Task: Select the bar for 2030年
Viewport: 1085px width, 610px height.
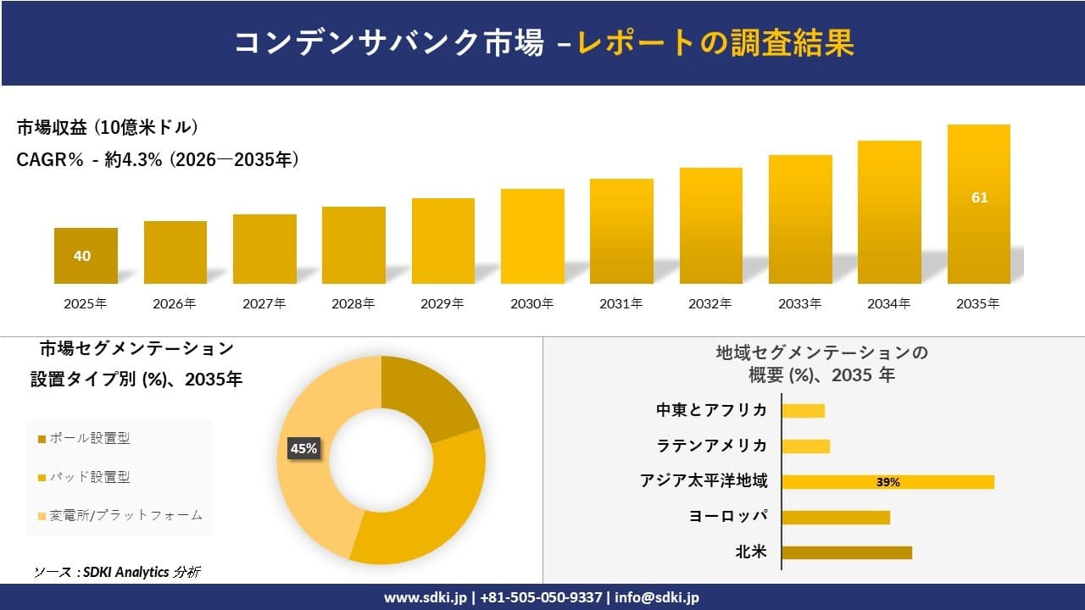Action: (x=532, y=236)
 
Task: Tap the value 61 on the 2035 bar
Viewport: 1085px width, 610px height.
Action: (x=979, y=197)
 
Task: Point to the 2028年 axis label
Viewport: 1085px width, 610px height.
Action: (x=353, y=303)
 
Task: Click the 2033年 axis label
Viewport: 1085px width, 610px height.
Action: (x=800, y=303)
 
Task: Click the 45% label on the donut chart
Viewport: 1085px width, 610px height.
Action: (x=303, y=448)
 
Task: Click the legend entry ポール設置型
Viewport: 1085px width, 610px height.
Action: (x=89, y=438)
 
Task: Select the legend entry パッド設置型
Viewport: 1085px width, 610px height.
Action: (x=89, y=477)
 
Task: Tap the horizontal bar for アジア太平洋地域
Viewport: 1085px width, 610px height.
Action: (x=887, y=482)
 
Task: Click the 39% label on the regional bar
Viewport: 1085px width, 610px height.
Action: (x=887, y=482)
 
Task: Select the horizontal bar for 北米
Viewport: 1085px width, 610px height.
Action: (x=846, y=552)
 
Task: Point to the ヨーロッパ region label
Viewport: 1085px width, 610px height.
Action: (x=729, y=517)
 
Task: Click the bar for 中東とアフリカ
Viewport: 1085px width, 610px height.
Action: (x=803, y=411)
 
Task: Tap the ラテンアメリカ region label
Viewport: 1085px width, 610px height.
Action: (x=712, y=446)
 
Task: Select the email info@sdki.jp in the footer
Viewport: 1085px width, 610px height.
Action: (x=657, y=597)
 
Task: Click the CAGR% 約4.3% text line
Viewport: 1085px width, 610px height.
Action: (x=158, y=160)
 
